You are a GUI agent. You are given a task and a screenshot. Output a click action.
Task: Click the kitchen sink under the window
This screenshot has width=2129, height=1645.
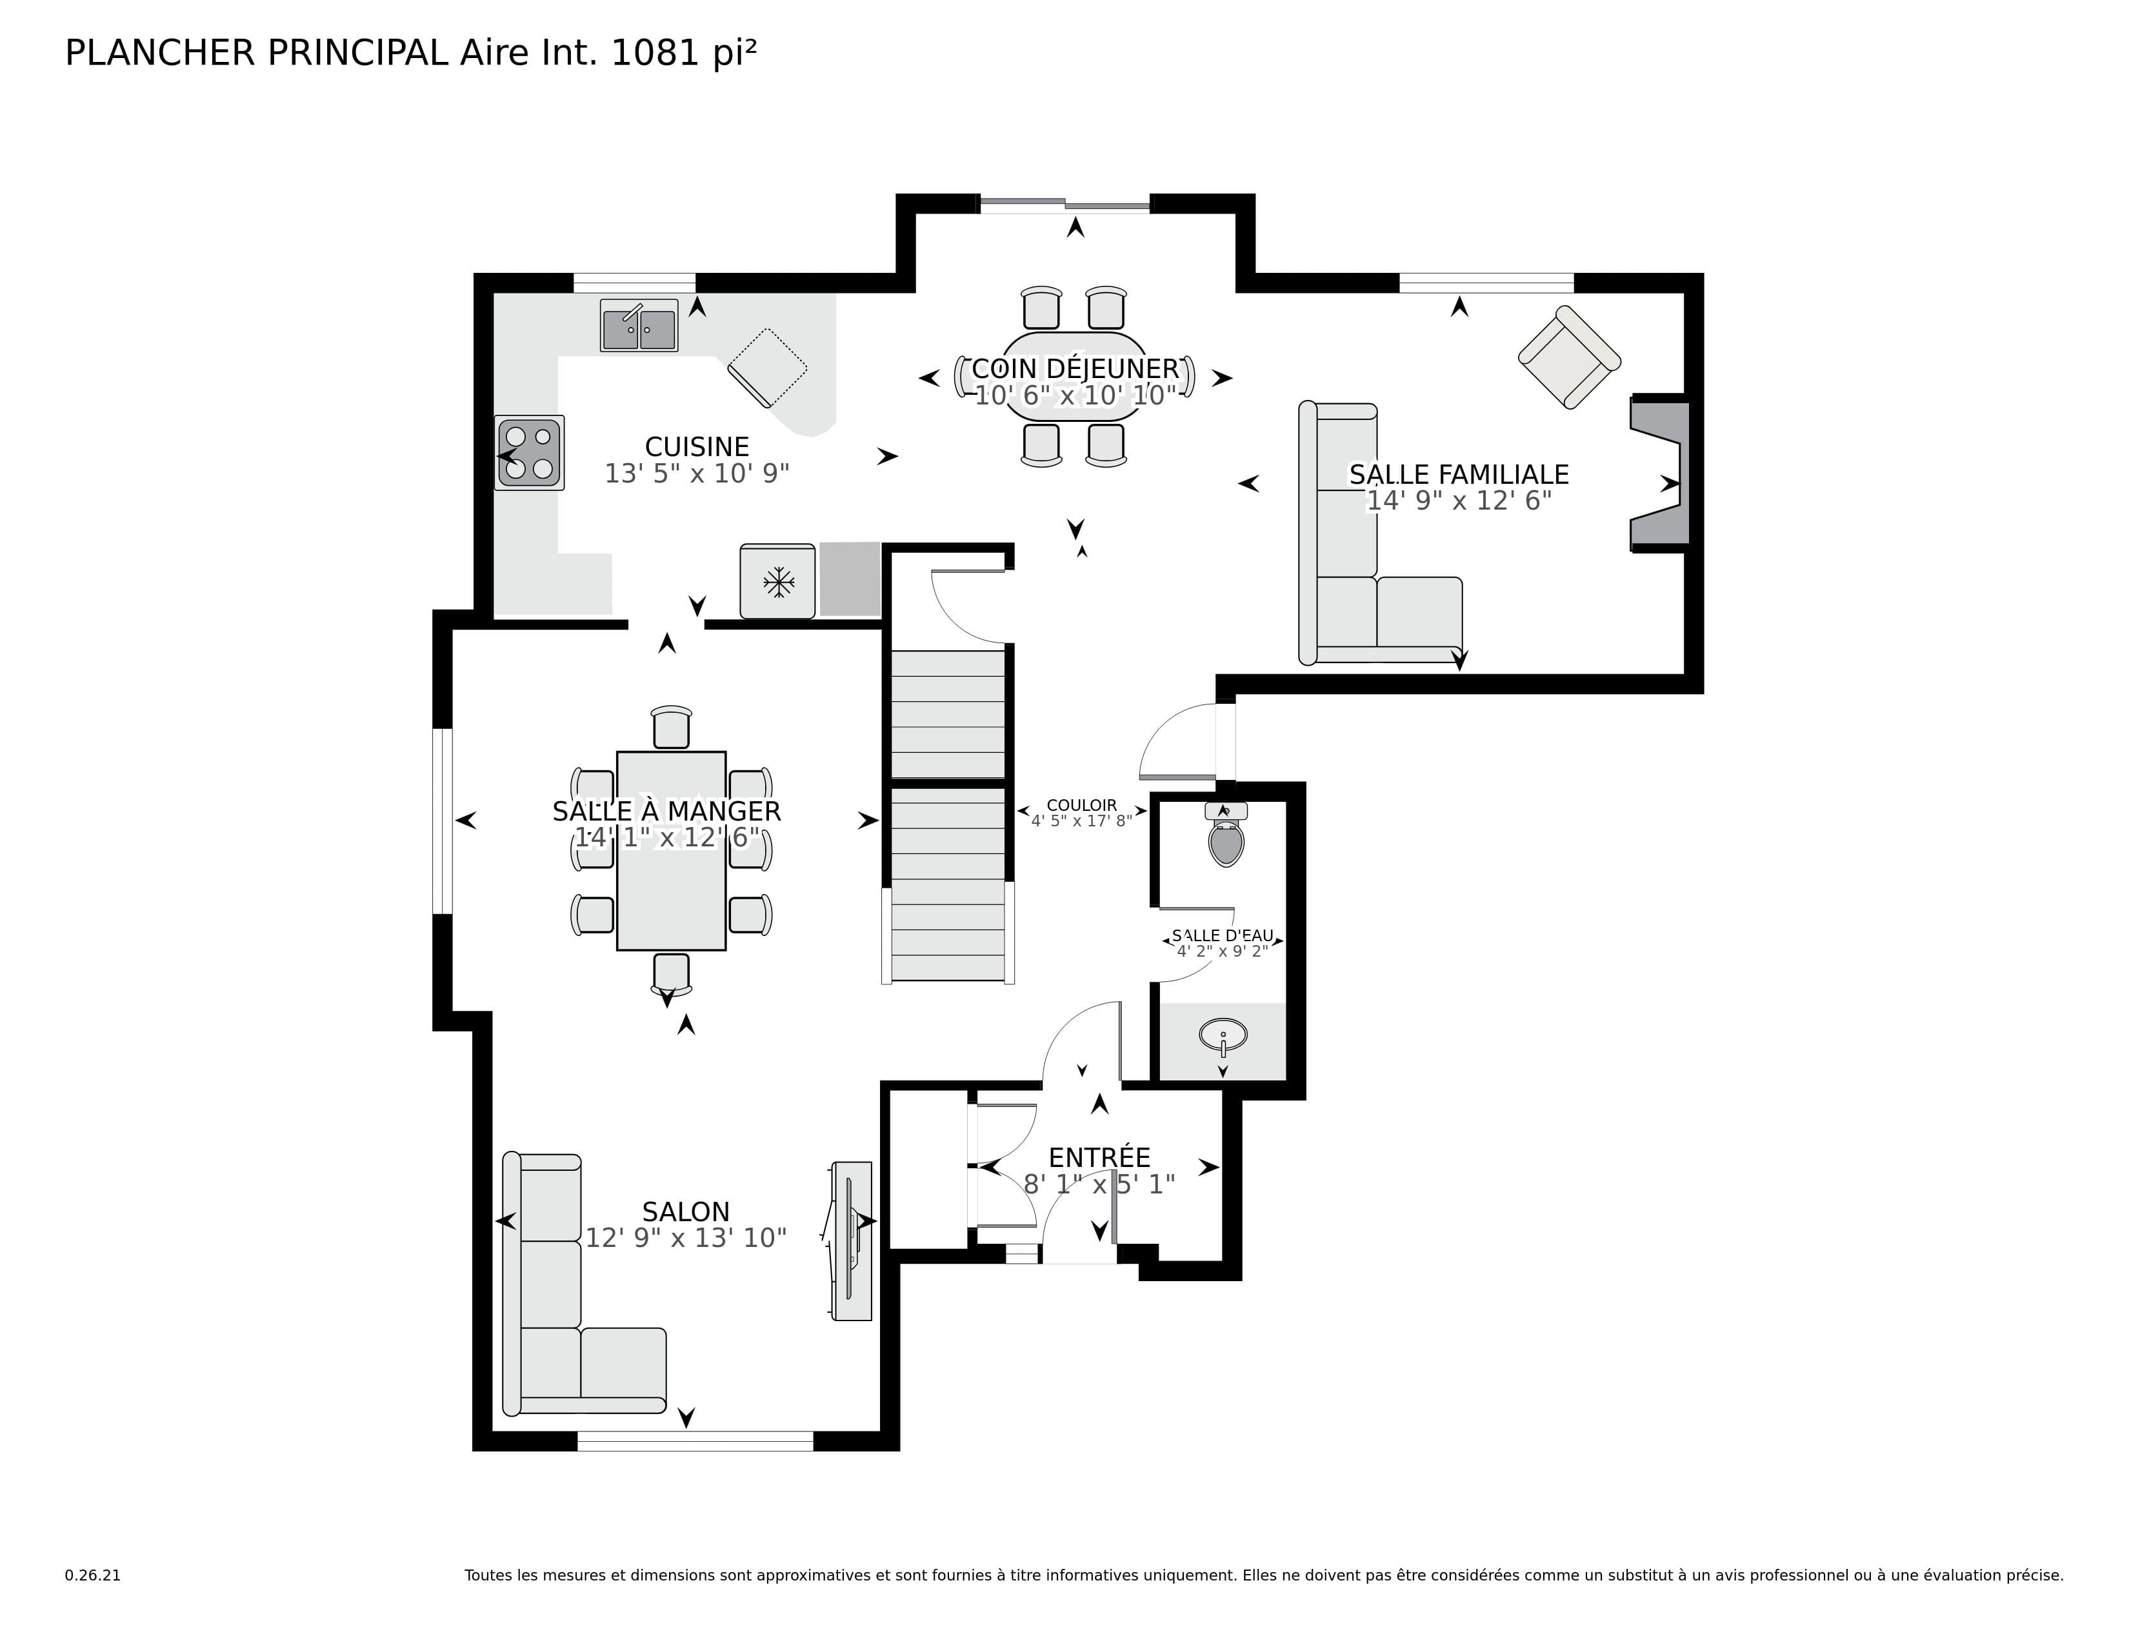tap(639, 326)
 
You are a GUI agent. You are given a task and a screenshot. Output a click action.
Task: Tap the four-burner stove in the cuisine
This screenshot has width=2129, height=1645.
tap(529, 453)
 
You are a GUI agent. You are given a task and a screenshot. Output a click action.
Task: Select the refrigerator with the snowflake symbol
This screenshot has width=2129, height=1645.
tap(777, 582)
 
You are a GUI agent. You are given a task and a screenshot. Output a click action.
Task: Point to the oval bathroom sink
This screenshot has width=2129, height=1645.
tap(1223, 1034)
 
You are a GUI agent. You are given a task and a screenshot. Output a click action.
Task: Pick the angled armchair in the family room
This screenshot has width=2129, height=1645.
tap(1568, 357)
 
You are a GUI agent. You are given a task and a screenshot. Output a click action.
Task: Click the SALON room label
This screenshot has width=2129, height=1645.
tap(685, 1211)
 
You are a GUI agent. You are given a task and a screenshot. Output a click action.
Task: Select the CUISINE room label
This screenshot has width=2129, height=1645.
tap(697, 446)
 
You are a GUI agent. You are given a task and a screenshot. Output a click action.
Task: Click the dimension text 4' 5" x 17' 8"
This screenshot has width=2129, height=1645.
tap(1081, 821)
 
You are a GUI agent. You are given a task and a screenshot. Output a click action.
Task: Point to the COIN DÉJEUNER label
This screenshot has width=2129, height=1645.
tap(1075, 368)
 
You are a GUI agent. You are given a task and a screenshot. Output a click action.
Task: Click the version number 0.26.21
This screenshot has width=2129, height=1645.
tap(93, 1575)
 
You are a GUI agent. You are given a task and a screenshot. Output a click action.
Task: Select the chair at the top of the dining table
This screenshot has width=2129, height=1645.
tap(671, 727)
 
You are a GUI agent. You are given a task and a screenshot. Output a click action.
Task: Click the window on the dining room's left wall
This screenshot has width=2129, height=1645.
tap(443, 821)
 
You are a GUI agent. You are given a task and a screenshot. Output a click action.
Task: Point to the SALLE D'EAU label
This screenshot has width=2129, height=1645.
tap(1223, 935)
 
